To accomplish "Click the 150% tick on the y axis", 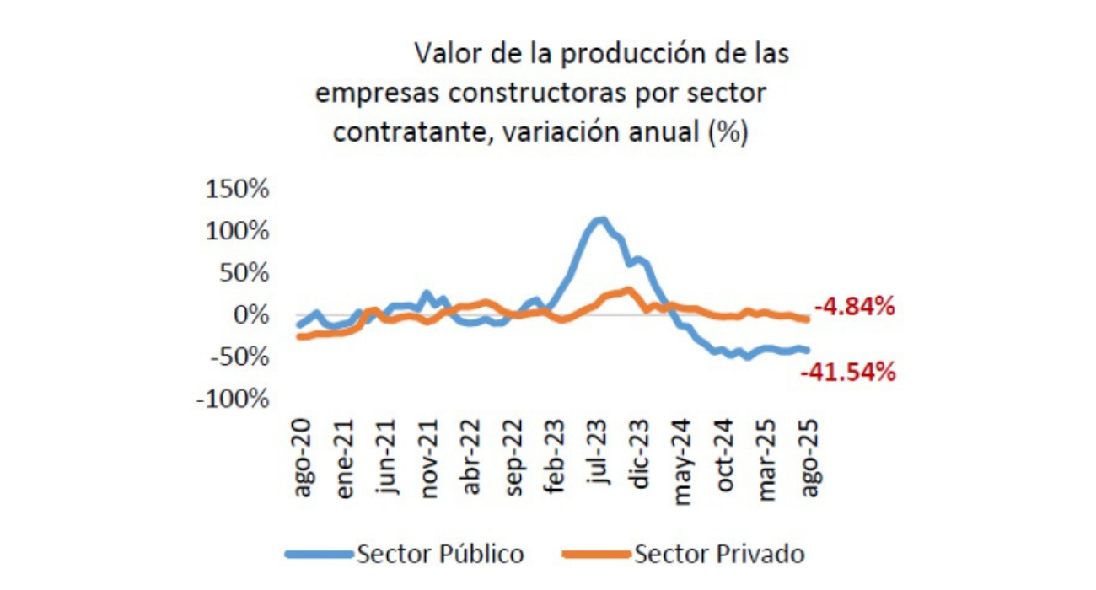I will (x=237, y=189).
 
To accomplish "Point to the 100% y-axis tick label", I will (x=237, y=231).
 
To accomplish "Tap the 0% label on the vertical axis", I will (x=250, y=315).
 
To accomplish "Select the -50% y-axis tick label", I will (x=235, y=357).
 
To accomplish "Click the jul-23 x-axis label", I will (x=599, y=459).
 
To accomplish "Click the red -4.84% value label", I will (x=852, y=308).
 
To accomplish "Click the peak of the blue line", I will (x=601, y=221).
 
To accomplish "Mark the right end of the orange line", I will (x=807, y=319).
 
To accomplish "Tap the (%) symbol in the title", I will (x=729, y=132).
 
